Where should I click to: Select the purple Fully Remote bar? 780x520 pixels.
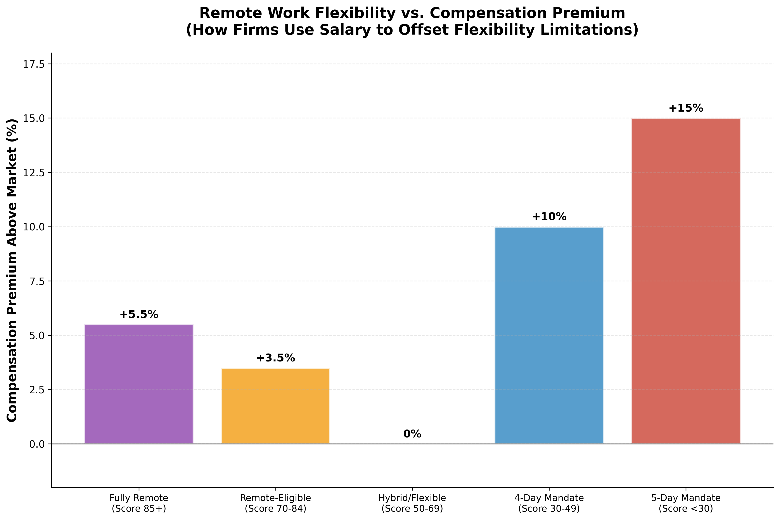pos(139,384)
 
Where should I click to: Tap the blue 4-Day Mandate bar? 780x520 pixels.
pos(549,335)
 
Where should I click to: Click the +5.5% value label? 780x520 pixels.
pos(139,315)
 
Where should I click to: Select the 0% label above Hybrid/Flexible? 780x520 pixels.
pos(412,434)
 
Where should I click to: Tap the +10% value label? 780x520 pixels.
pos(549,217)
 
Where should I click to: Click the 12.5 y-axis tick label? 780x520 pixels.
pos(33,173)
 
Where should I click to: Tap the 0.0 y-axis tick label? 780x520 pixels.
pos(36,444)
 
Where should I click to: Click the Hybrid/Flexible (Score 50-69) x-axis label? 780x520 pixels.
pos(412,503)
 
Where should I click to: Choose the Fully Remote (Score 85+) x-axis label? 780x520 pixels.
pos(139,503)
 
